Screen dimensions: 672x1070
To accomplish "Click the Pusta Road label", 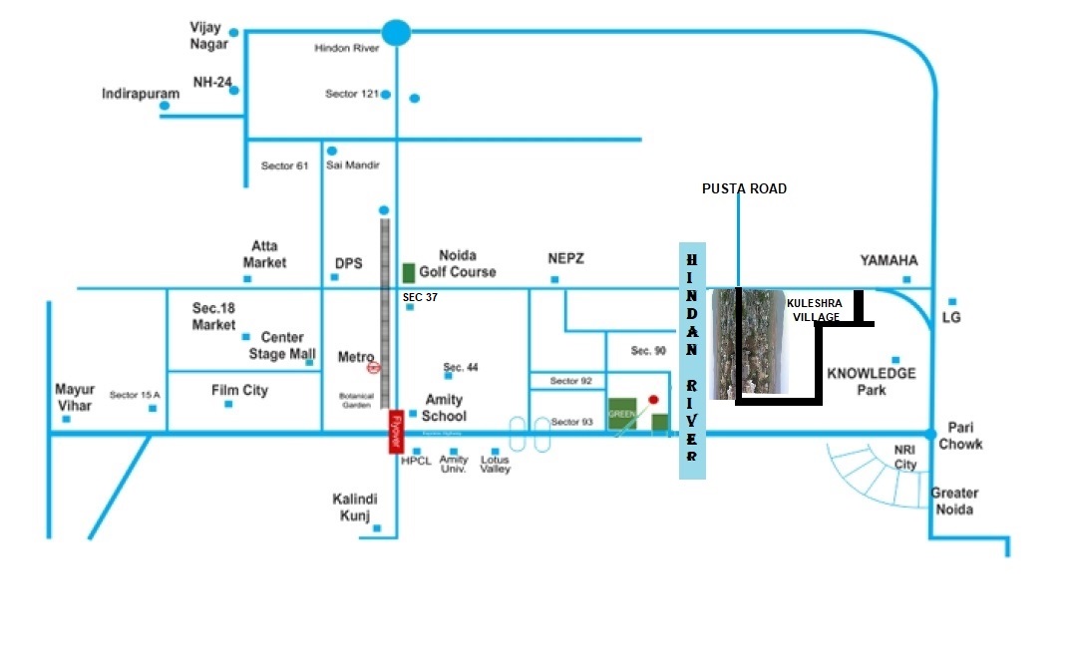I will click(x=744, y=188).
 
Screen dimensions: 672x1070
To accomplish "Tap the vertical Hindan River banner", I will click(x=692, y=360).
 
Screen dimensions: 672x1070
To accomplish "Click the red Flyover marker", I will click(x=396, y=434).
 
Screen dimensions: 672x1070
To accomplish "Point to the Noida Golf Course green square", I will click(x=409, y=272).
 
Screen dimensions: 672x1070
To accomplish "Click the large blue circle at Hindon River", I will click(x=397, y=33).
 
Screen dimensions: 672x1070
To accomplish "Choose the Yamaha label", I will click(x=889, y=260).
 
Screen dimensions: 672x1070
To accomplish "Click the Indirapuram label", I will click(x=141, y=94).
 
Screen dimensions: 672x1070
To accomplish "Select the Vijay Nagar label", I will click(x=209, y=37).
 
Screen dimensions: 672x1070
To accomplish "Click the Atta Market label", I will click(x=265, y=254).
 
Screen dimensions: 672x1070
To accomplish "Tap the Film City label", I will click(x=239, y=390).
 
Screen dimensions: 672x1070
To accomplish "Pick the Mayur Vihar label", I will click(x=74, y=397).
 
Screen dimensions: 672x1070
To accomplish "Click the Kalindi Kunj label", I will click(x=356, y=506).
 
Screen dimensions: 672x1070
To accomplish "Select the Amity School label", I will click(x=444, y=407).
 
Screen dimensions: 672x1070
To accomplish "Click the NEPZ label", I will click(x=565, y=258).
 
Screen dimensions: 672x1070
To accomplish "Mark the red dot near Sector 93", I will click(x=653, y=400).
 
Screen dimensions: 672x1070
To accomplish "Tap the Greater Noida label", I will click(x=954, y=501).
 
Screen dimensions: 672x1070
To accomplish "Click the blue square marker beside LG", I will click(x=953, y=301).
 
